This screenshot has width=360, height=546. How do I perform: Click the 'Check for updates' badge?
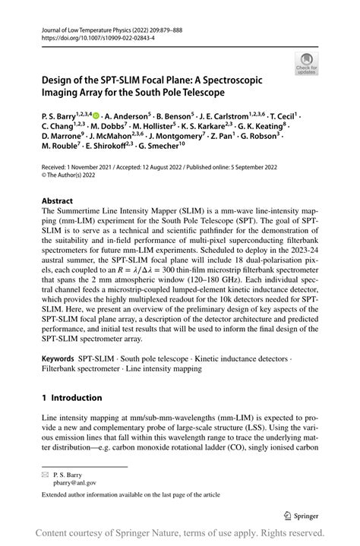[x=308, y=63]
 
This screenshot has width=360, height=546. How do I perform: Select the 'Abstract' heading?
[x=58, y=202]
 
